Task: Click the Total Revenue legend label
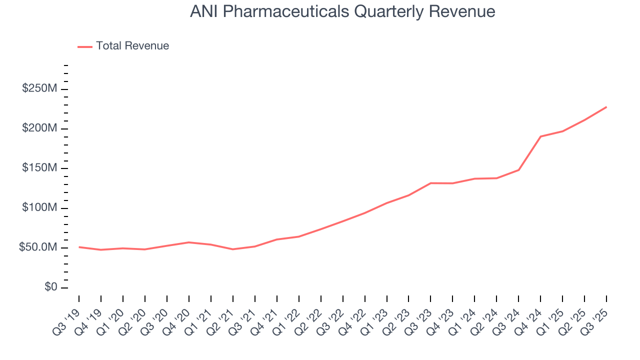[x=132, y=46]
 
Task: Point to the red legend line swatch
[x=85, y=46]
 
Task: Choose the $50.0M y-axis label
[x=38, y=247]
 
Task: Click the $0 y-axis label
[x=50, y=287]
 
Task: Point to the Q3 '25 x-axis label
[x=597, y=315]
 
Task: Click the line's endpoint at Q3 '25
[x=606, y=107]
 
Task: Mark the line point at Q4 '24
[x=540, y=136]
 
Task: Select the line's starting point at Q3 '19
[x=79, y=247]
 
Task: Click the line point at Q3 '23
[x=430, y=183]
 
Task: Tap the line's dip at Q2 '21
[x=233, y=249]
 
